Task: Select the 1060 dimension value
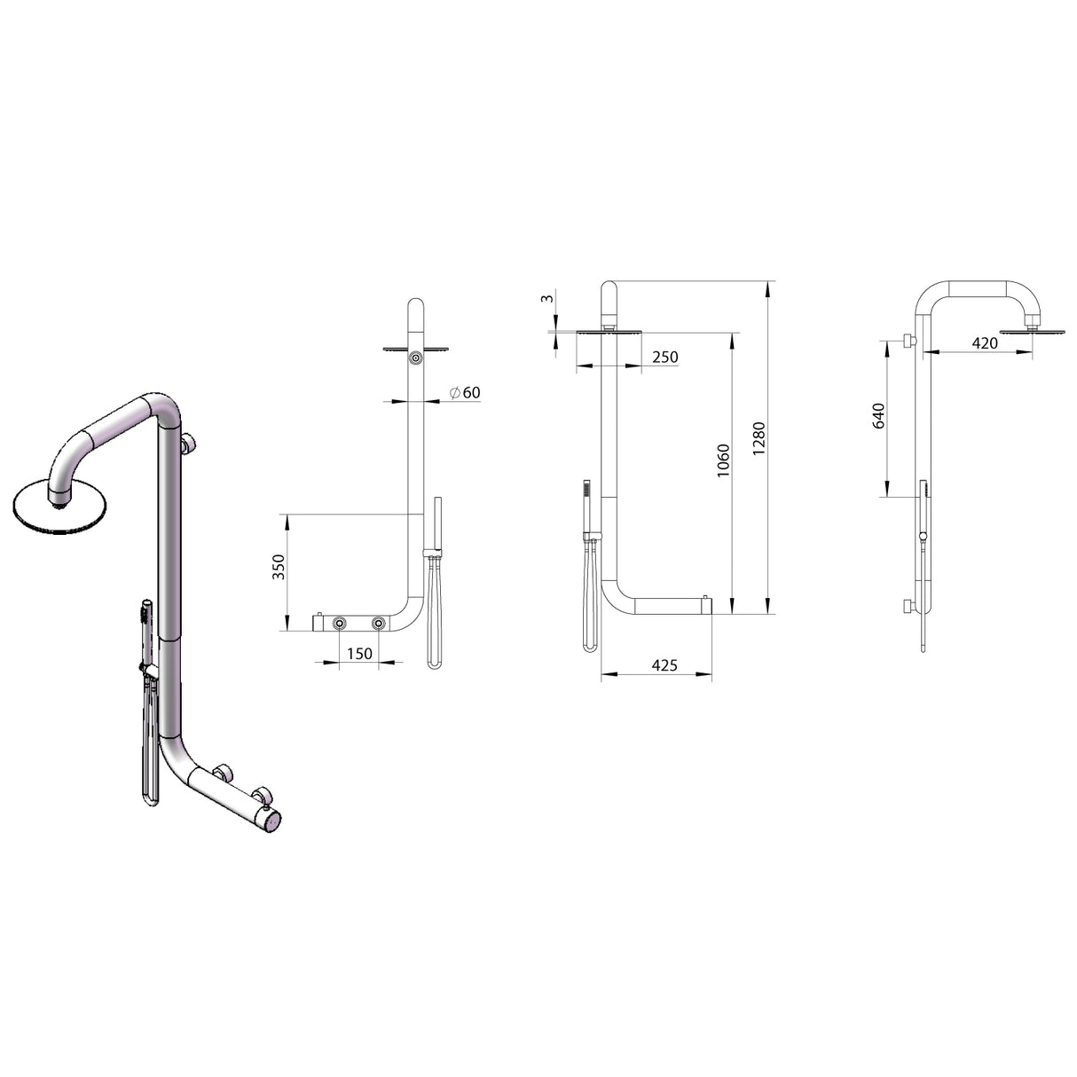click(723, 461)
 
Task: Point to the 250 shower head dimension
click(664, 358)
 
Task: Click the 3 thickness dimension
click(549, 299)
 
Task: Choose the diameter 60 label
click(465, 392)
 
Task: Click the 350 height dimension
click(278, 567)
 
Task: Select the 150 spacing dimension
click(358, 654)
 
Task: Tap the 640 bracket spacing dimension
click(878, 417)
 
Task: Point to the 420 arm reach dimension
click(985, 343)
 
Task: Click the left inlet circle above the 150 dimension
click(340, 625)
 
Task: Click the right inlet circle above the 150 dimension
click(379, 625)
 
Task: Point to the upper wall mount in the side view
click(908, 342)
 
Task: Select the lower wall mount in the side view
click(908, 607)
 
